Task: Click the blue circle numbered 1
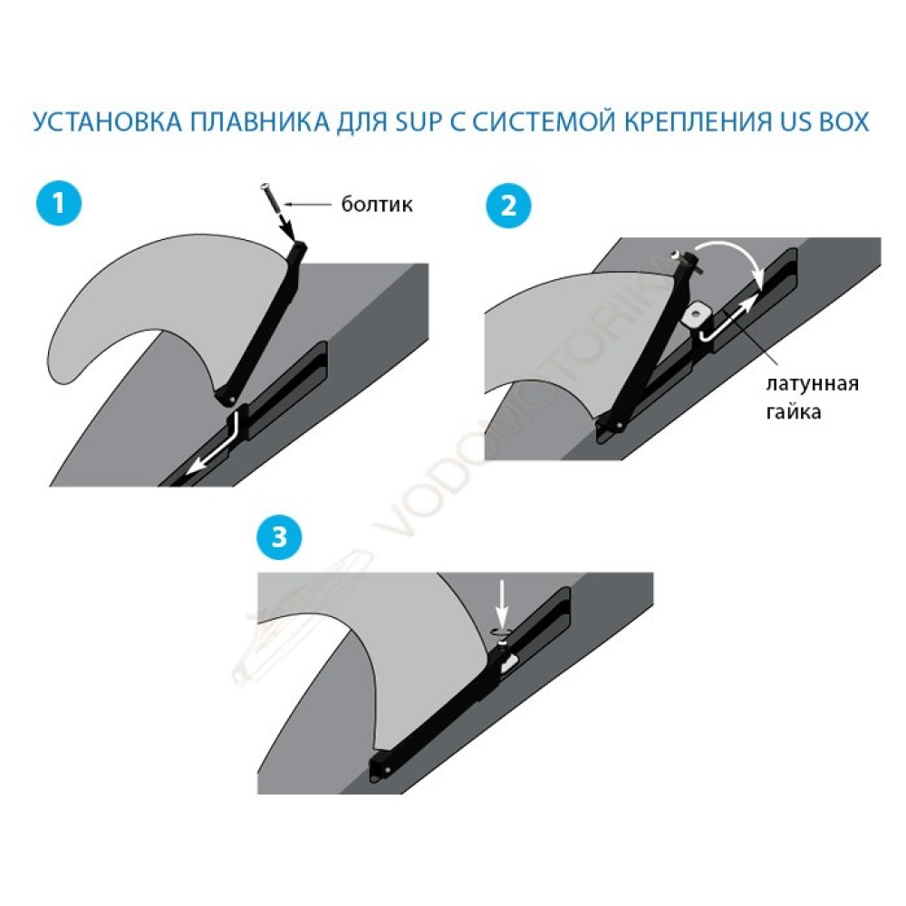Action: point(58,203)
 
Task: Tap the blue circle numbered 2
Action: point(508,205)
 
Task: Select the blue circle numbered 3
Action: point(279,536)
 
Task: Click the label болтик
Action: point(377,205)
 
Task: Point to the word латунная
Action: point(812,383)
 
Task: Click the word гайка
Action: point(794,411)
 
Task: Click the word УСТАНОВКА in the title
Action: point(108,122)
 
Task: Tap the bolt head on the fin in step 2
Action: point(676,255)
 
